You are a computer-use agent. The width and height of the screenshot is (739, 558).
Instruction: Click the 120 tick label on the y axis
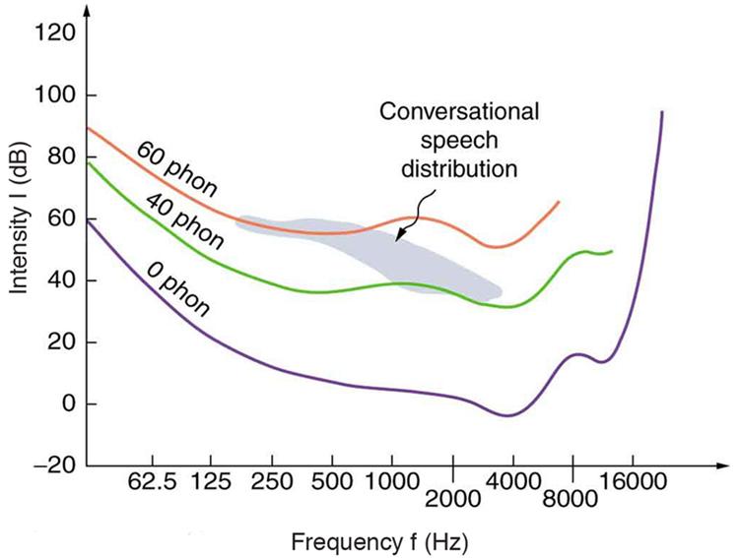click(55, 34)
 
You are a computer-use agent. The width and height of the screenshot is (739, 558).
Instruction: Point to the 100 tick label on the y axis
click(55, 96)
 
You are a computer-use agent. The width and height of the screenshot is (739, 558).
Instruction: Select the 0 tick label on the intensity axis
click(67, 404)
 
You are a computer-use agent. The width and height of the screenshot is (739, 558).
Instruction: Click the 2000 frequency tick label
click(452, 498)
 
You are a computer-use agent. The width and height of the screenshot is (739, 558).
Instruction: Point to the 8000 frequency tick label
click(571, 498)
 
